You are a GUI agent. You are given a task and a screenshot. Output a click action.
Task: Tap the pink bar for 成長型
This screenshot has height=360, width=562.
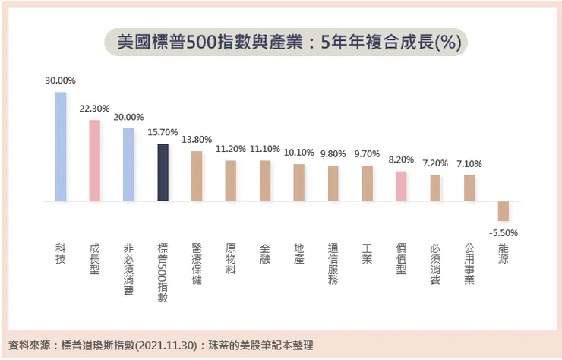(x=95, y=160)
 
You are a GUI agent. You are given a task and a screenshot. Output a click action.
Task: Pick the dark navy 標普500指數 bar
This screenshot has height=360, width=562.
(x=163, y=172)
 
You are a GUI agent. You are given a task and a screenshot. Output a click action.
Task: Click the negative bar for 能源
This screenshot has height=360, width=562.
(x=504, y=211)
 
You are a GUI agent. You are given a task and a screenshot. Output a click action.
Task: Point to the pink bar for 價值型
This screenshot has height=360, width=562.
(x=401, y=186)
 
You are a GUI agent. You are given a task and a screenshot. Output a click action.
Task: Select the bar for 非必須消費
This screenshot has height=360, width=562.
(x=128, y=164)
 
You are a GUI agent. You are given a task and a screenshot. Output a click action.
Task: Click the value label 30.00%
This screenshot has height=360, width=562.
(x=61, y=80)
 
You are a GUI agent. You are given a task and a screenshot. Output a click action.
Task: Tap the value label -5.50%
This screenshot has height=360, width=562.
(x=504, y=232)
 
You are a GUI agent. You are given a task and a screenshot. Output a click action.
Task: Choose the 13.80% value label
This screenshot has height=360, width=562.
(x=197, y=140)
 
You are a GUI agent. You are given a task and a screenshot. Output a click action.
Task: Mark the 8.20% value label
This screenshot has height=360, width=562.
(x=401, y=160)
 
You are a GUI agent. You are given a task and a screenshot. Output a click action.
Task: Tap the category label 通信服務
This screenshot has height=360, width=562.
(x=333, y=264)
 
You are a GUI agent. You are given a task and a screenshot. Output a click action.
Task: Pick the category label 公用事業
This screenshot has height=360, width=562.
(x=469, y=264)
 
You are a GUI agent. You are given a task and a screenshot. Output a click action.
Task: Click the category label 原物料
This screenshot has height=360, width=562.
(x=231, y=258)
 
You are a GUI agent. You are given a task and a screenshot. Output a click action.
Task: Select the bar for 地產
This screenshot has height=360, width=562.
(x=299, y=182)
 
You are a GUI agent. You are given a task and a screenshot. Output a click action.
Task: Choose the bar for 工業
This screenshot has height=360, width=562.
(x=367, y=183)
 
